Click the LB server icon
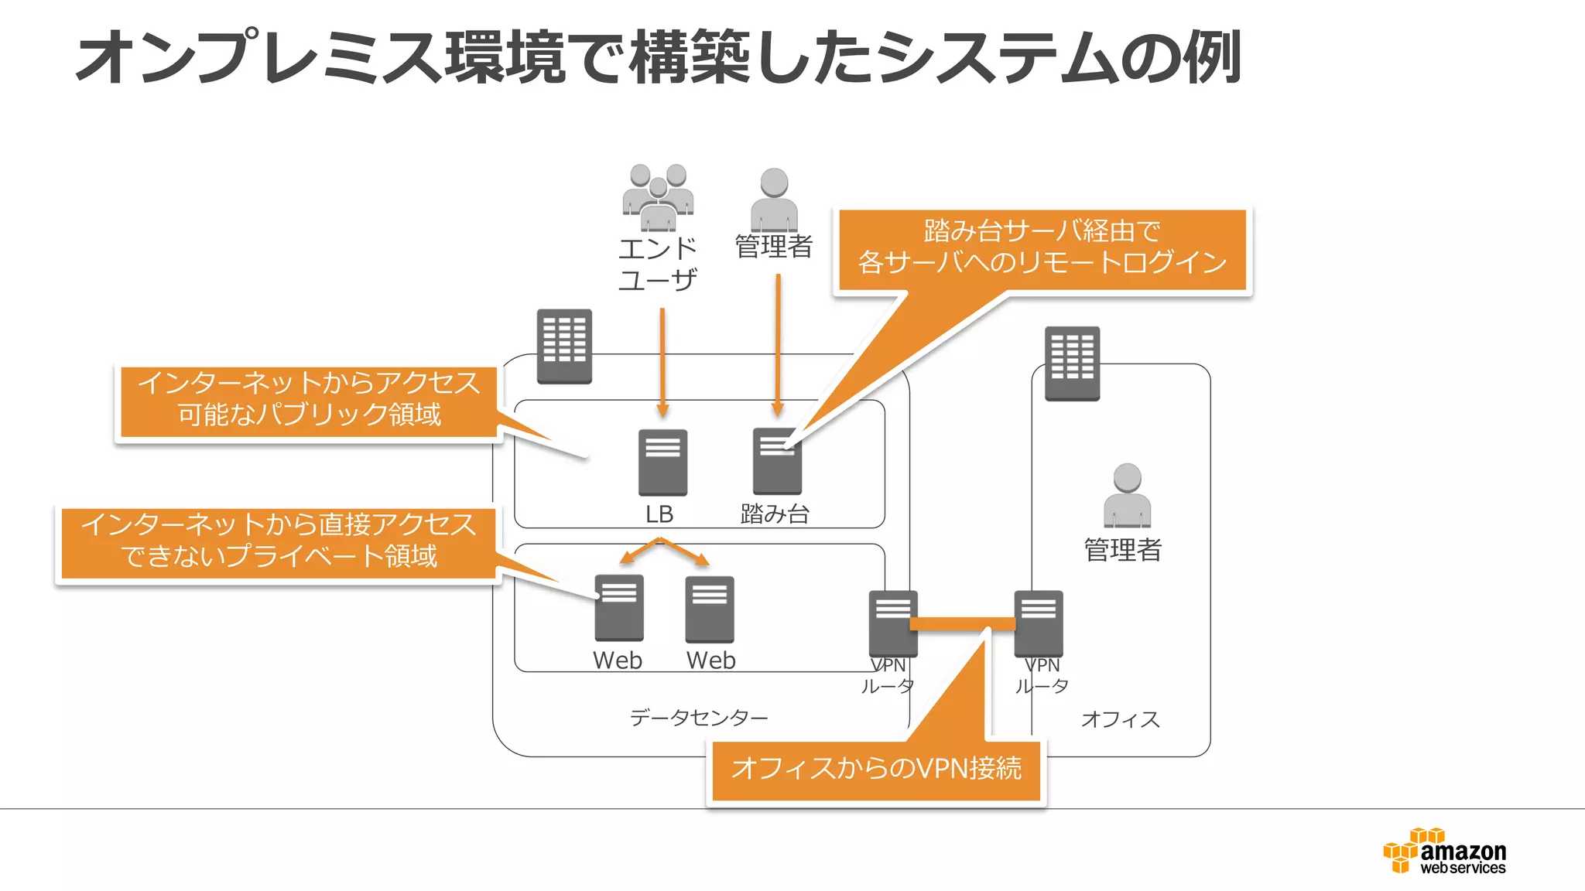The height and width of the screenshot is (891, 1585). pyautogui.click(x=662, y=462)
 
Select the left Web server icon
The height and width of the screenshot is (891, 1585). pyautogui.click(x=618, y=608)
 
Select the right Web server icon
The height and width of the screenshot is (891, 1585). pyautogui.click(x=709, y=609)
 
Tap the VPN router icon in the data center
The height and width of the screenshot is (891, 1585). pyautogui.click(x=892, y=623)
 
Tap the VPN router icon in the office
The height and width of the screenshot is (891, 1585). pyautogui.click(x=1039, y=623)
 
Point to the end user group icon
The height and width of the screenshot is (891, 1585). pyautogui.click(x=658, y=198)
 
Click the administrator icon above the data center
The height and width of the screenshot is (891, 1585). pyautogui.click(x=774, y=199)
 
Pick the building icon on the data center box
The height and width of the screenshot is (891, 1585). pyautogui.click(x=564, y=346)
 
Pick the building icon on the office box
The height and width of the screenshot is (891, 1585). pyautogui.click(x=1072, y=363)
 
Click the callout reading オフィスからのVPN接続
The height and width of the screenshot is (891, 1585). pyautogui.click(x=876, y=769)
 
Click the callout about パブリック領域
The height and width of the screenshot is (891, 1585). pyautogui.click(x=308, y=400)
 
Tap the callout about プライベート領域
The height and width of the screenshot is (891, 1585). pyautogui.click(x=279, y=541)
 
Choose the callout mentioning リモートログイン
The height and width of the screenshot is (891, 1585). pyautogui.click(x=1042, y=247)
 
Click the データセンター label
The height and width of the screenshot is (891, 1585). pyautogui.click(x=698, y=718)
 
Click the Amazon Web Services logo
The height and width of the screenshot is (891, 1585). pyautogui.click(x=1444, y=852)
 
